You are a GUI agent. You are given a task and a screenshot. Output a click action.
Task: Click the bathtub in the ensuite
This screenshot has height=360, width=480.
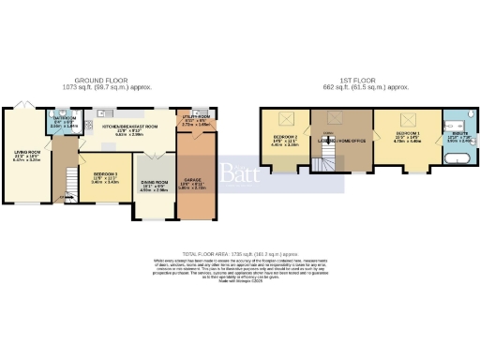click(457, 161)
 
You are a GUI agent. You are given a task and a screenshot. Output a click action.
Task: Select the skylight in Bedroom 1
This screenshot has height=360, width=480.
click(409, 119)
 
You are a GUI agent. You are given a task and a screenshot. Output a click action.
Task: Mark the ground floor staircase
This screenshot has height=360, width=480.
click(67, 182)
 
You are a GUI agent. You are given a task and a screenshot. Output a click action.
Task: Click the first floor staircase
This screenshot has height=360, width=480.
click(324, 164)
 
